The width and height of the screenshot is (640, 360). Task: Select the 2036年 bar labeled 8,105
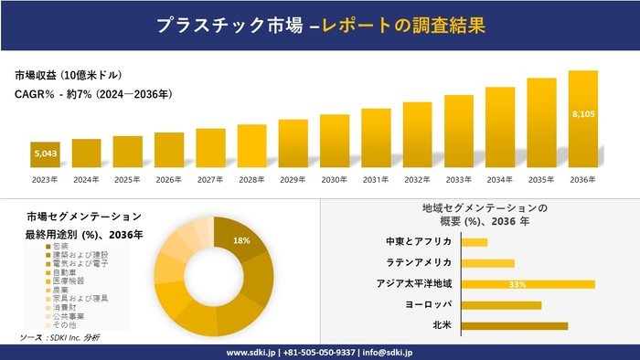582,119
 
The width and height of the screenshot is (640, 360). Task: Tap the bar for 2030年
335,142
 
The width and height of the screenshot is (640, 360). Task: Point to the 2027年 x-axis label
210,179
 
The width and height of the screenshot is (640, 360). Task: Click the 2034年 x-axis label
500,179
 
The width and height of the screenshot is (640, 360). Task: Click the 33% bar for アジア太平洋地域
528,284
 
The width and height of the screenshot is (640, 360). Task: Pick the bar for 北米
515,325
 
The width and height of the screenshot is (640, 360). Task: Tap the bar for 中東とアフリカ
475,242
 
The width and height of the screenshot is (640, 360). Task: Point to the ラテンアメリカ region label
420,263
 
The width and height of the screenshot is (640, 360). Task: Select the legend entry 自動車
63,271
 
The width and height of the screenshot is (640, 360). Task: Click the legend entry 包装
60,246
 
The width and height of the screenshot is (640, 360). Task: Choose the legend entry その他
63,324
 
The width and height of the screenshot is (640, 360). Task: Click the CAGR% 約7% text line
93,93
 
